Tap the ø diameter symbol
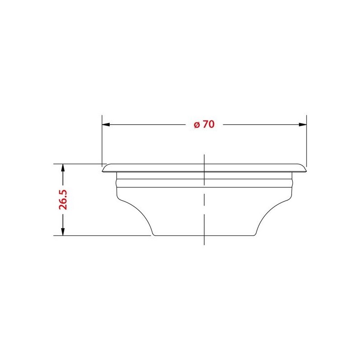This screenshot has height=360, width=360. tap(197, 125)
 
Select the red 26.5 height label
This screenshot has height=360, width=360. tap(63, 199)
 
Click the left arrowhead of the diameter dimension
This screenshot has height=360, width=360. tap(107, 125)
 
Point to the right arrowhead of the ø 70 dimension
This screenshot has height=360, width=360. tap(302, 125)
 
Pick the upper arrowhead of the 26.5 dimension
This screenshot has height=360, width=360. tap(63, 168)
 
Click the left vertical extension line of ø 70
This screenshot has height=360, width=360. tap(102, 139)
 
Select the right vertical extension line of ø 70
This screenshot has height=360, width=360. tap(306, 139)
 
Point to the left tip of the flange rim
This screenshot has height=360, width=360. tap(103, 170)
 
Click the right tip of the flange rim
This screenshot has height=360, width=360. tap(306, 170)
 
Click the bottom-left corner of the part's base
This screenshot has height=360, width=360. tap(153, 235)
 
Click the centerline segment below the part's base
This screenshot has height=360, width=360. tap(205, 241)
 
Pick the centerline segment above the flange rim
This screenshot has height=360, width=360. tap(205, 158)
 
